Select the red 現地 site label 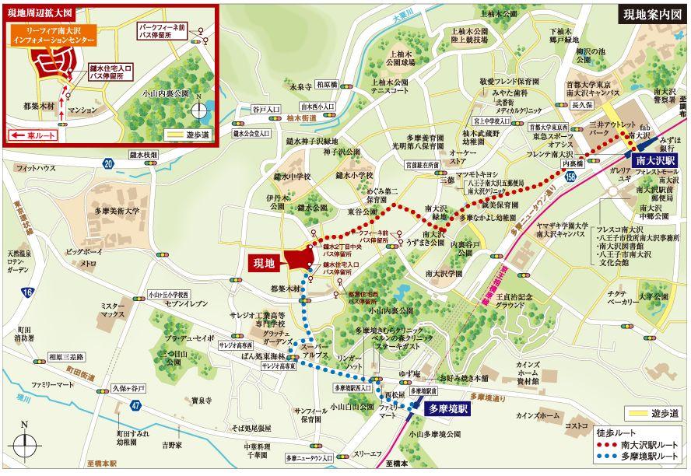coord(265,263)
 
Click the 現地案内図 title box coord(651,14)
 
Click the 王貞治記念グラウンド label coord(528,301)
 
